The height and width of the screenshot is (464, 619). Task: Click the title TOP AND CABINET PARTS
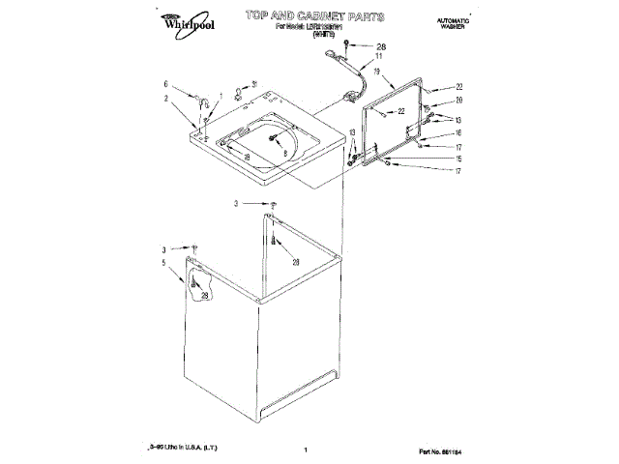[314, 16]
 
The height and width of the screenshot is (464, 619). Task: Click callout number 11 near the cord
[378, 58]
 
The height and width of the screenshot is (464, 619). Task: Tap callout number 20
[460, 101]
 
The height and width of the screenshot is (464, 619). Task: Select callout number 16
[459, 132]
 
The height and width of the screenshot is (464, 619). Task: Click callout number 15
[459, 159]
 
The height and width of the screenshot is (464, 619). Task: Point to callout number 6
[165, 83]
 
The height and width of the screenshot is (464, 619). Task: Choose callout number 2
[165, 98]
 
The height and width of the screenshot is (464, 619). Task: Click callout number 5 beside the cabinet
[165, 262]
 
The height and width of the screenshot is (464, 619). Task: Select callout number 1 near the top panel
[221, 95]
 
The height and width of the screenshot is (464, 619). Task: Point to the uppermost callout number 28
[379, 45]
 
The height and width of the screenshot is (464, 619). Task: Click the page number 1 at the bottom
[305, 450]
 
